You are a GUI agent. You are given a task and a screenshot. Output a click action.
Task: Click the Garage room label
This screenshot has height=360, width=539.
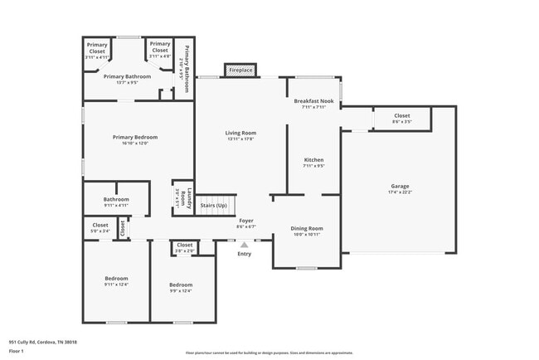[400, 186]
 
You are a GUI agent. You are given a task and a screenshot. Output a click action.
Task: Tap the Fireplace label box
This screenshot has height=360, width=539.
[240, 71]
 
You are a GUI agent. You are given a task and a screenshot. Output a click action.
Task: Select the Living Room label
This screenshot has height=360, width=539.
[240, 133]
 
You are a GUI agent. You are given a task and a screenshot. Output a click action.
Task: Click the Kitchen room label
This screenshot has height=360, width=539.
[313, 159]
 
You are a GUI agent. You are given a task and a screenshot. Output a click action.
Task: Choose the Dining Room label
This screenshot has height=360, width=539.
[306, 228]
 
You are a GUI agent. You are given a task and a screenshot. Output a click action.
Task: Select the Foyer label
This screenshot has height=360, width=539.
[246, 221]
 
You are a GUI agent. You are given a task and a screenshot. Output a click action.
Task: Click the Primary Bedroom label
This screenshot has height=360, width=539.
[135, 137]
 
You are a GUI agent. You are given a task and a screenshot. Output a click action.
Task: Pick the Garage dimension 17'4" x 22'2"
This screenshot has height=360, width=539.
[400, 192]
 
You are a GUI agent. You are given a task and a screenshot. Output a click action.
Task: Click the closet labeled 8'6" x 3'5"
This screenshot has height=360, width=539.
[401, 119]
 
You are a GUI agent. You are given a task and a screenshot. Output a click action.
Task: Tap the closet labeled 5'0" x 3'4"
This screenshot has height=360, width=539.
[100, 228]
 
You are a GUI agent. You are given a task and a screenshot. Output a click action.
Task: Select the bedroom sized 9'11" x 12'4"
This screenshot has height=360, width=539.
[116, 281]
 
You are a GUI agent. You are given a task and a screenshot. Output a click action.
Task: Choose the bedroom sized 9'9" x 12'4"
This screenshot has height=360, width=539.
[181, 287]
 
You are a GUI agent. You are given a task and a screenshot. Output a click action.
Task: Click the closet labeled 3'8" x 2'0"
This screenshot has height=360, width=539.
[184, 247]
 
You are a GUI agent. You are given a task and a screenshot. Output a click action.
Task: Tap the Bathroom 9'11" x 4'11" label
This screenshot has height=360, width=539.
[116, 202]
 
